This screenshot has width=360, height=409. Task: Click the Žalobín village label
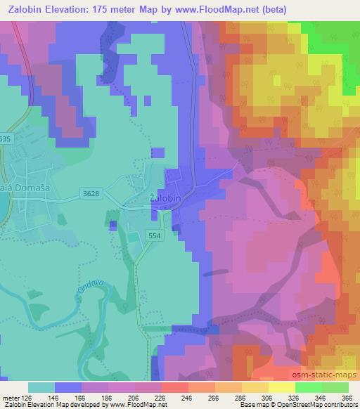[x=166, y=199]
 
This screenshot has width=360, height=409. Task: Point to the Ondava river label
[x=61, y=287]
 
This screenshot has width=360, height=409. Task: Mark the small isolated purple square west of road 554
[x=113, y=225]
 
